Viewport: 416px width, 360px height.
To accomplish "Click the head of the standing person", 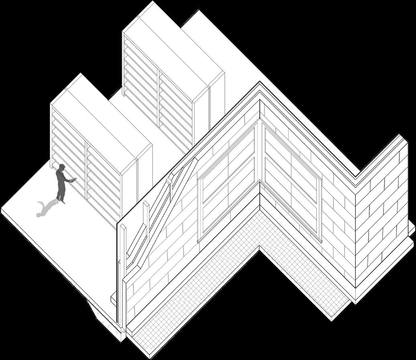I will click(61, 167).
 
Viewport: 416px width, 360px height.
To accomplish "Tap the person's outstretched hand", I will click(73, 180).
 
